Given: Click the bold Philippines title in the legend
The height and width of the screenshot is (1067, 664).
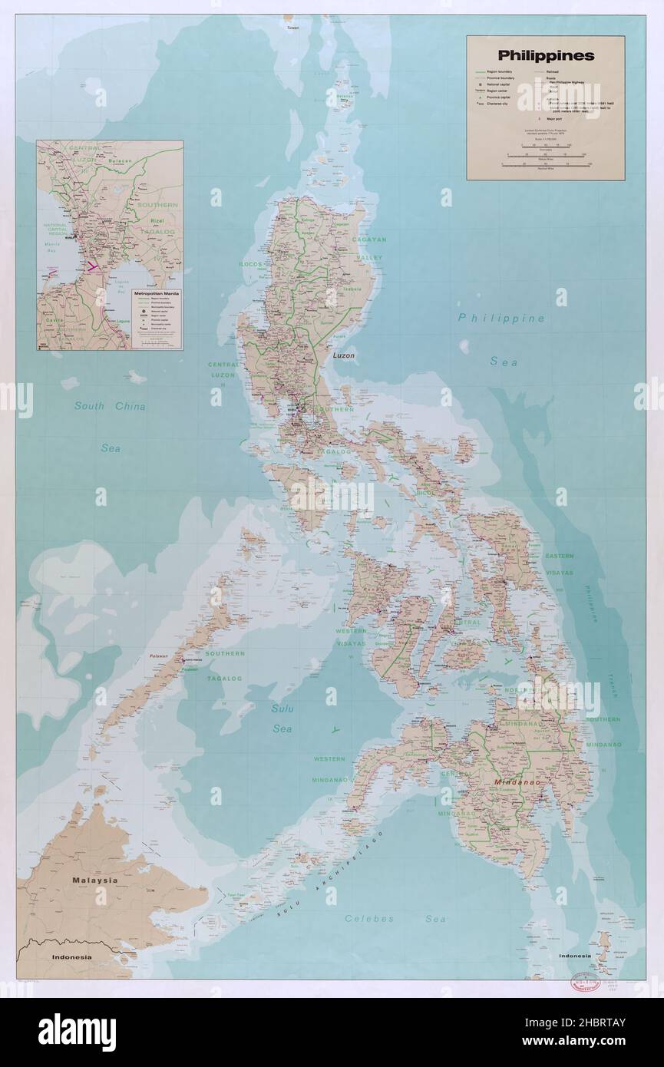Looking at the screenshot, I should point(545,55).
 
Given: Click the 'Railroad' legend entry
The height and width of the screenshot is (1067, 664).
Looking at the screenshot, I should point(553,71).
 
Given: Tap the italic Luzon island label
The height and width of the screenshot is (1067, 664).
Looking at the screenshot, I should point(347,356).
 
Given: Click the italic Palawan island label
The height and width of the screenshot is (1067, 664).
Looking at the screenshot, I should point(159,658).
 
